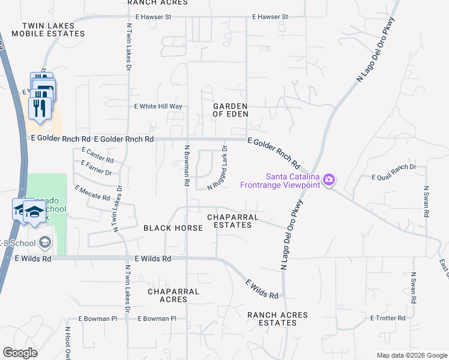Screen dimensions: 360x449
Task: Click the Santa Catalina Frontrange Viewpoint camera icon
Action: tap(328, 179)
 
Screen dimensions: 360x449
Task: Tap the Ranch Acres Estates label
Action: tap(277, 319)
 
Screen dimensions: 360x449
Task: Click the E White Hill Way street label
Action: tap(157, 106)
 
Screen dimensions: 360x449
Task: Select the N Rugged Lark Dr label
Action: tap(217, 167)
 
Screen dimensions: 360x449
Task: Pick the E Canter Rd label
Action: tap(97, 156)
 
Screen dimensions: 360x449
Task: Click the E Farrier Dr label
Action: tap(96, 168)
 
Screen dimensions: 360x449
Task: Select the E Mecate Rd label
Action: tap(92, 193)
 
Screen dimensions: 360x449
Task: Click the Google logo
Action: tap(20, 353)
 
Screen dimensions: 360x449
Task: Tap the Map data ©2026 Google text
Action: tap(411, 355)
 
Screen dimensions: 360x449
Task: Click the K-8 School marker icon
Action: tap(44, 242)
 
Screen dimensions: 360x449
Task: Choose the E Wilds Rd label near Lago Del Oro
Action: tap(262, 289)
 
